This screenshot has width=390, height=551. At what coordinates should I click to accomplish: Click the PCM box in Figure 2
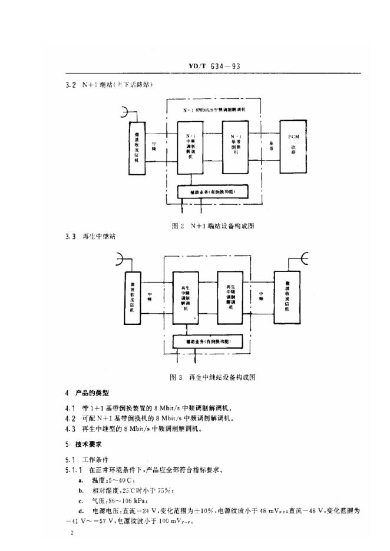pyautogui.click(x=294, y=145)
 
